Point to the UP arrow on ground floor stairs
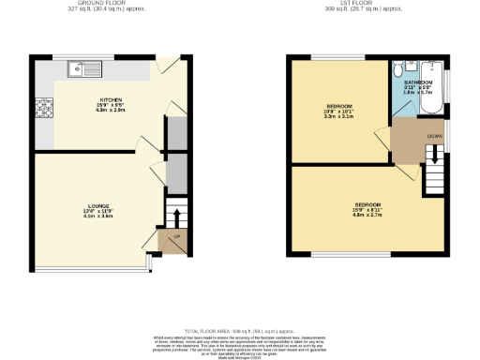(175, 217)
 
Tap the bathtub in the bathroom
(433, 84)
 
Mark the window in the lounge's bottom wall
(90, 265)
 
